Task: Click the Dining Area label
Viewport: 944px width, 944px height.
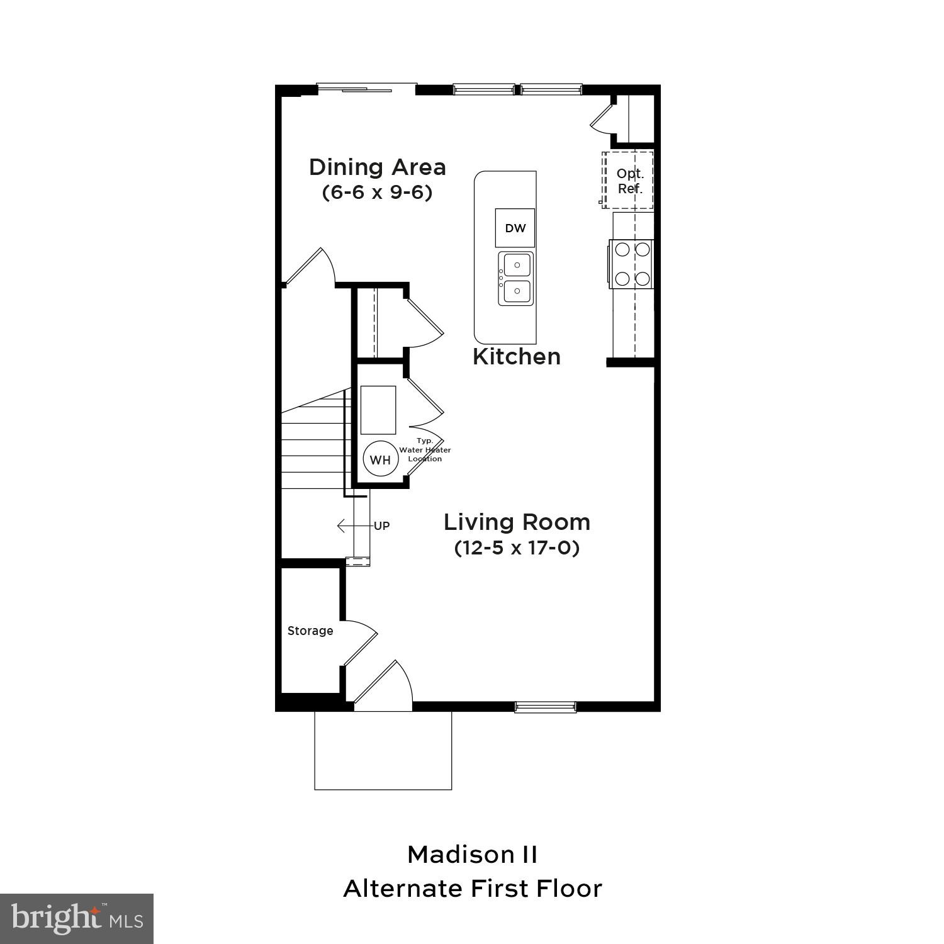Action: pos(377,167)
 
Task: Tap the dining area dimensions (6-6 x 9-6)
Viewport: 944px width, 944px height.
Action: pos(377,192)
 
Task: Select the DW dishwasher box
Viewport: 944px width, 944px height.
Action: pos(515,228)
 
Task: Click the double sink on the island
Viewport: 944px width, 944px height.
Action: pos(516,278)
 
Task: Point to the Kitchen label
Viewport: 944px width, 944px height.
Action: pos(516,357)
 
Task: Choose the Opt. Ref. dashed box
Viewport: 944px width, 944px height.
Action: pos(629,181)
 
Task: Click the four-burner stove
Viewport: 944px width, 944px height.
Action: pos(632,264)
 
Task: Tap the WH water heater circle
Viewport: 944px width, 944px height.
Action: pos(380,459)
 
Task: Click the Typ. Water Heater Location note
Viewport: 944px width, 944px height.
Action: pos(425,450)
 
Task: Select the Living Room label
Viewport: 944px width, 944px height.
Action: pos(517,522)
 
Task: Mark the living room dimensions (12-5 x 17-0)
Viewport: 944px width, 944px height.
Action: pos(517,548)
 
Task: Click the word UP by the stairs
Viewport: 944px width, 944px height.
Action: pos(382,526)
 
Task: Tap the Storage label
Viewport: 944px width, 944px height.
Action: pos(310,631)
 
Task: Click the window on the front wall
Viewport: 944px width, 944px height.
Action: pos(545,707)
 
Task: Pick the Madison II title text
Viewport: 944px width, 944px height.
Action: pos(472,855)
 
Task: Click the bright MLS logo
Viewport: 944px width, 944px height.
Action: pos(76,919)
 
